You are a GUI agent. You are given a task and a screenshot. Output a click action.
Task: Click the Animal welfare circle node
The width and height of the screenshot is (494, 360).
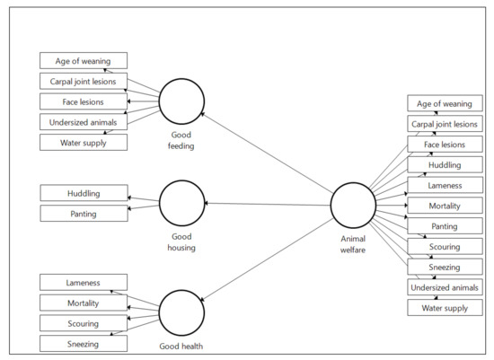(x=352, y=206)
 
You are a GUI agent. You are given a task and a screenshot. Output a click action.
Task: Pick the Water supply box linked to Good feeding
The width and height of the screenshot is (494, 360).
(x=84, y=142)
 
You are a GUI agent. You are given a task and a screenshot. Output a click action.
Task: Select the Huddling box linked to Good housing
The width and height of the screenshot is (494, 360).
(x=84, y=193)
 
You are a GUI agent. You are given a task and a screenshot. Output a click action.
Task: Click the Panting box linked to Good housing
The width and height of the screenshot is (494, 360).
(x=84, y=213)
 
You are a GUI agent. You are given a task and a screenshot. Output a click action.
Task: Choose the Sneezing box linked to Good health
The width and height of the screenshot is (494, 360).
(x=84, y=343)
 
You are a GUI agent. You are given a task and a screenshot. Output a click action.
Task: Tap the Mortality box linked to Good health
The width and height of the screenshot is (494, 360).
(x=84, y=303)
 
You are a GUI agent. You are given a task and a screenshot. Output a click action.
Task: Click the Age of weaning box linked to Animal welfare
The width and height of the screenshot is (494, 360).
(x=445, y=103)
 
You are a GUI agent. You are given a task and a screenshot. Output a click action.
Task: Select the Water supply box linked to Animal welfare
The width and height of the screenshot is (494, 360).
(x=445, y=308)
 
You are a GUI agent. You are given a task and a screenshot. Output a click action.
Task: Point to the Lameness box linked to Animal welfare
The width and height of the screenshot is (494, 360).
(x=445, y=185)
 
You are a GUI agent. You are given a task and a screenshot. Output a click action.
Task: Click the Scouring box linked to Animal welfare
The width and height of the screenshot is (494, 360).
(x=445, y=247)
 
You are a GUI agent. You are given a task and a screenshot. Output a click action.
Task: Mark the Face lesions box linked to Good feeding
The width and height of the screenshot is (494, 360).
(x=84, y=101)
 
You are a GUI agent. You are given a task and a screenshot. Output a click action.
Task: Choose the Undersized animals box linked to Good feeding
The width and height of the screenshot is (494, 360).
(x=84, y=121)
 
